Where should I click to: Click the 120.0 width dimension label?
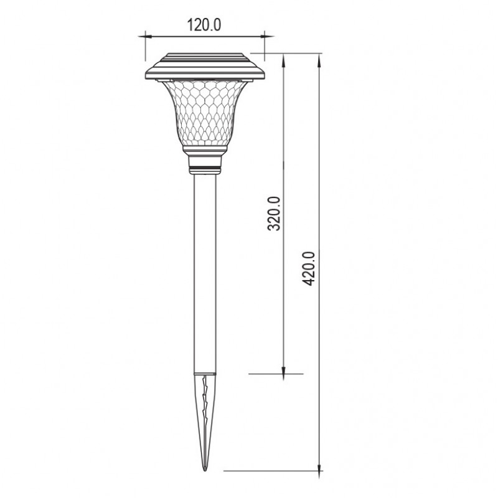coord(204,25)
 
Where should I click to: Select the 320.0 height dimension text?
coord(274,214)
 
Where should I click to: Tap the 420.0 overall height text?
coord(308,268)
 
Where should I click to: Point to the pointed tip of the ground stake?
coord(205,471)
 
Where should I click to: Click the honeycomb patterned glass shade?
coord(205,114)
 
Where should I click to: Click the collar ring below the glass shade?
coord(205,164)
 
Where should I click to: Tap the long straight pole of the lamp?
coord(205,273)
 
